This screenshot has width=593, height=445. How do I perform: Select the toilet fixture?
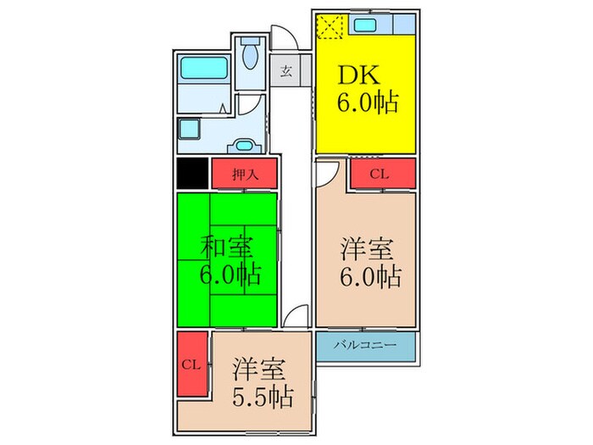(x=250, y=58)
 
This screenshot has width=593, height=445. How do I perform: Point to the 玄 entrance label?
(x=286, y=71)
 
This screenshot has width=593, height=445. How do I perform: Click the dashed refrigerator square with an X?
(x=328, y=25)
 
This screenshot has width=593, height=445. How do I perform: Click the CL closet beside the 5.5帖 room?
(x=192, y=364)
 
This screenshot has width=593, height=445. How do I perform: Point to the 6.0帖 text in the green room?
(x=230, y=275)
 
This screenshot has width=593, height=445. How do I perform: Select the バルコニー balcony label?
(x=366, y=345)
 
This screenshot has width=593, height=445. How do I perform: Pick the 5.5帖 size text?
(x=263, y=396)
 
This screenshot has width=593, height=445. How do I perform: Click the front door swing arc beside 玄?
(x=288, y=39)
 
